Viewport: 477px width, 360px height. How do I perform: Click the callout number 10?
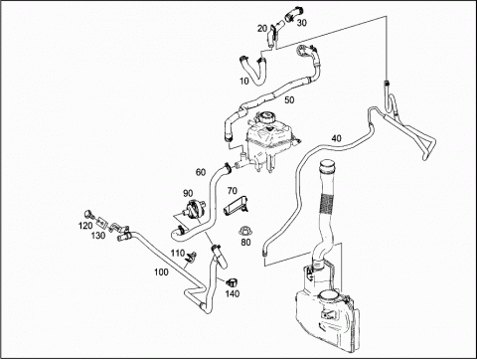(244, 82)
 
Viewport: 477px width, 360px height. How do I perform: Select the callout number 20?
(262, 29)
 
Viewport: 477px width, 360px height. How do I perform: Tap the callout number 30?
(302, 23)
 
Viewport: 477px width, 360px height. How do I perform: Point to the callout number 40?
(337, 138)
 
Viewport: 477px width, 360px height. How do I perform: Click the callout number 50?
(289, 100)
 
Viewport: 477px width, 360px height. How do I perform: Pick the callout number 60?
(201, 172)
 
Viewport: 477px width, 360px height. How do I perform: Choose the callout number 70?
(233, 191)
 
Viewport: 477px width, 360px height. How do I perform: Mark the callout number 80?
(245, 243)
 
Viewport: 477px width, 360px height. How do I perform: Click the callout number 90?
(188, 193)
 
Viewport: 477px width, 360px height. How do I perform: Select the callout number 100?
(161, 272)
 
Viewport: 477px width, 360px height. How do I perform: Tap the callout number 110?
(178, 254)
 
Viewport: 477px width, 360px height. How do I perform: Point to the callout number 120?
(85, 226)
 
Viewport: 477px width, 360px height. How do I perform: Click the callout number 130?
(98, 236)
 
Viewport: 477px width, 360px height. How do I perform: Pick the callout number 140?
(233, 293)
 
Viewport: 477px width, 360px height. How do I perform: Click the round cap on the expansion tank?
(266, 118)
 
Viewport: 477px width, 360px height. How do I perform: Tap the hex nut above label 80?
(244, 231)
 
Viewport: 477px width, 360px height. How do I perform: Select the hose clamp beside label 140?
(233, 283)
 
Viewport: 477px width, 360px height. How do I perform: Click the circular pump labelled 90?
(194, 209)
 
